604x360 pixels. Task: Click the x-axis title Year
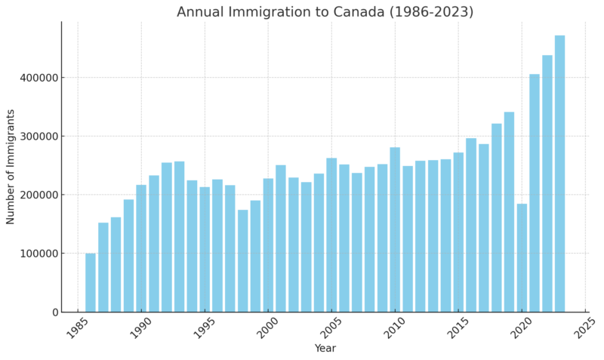(325, 349)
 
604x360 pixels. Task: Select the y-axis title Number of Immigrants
(11, 167)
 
